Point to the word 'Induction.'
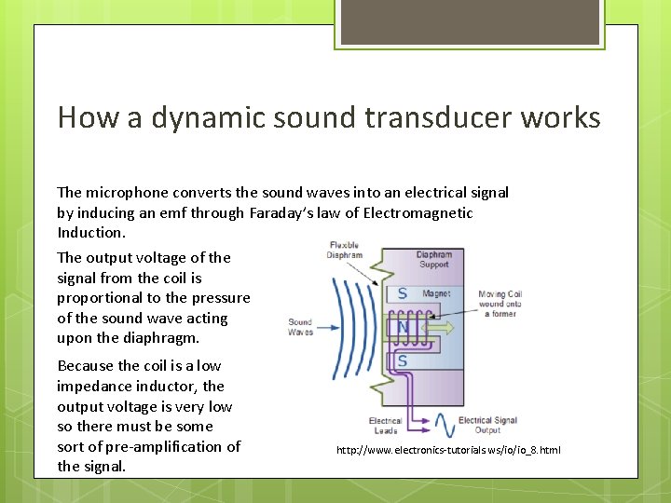(91, 232)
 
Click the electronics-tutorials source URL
(448, 450)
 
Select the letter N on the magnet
(403, 328)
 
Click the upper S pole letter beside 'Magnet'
(403, 293)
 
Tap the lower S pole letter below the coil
(402, 360)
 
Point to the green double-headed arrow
(439, 327)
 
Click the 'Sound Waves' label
(300, 327)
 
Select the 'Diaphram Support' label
(433, 259)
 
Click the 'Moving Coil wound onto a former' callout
(500, 304)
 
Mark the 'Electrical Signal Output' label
(487, 426)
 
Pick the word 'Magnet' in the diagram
(436, 293)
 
